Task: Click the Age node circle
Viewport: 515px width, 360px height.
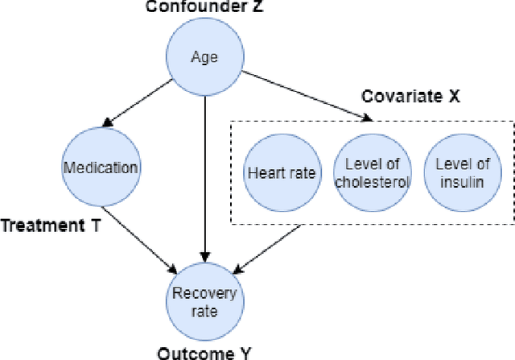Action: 204,56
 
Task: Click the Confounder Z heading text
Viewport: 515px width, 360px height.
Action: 204,7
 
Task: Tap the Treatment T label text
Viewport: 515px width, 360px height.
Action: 50,227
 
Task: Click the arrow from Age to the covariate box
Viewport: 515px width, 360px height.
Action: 309,97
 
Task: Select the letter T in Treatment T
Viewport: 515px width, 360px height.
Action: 94,227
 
